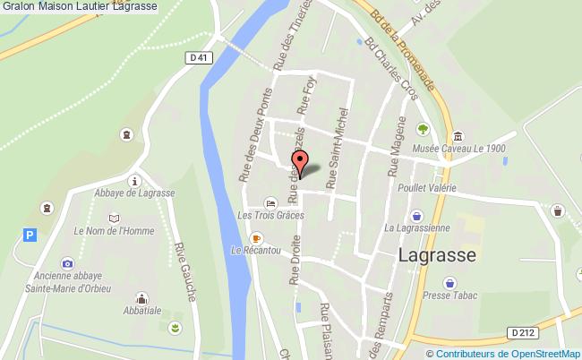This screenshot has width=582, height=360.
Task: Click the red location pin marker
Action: tap(301, 164)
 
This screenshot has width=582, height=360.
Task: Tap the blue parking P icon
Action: tap(30, 235)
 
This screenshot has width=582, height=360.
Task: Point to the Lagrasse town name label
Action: tap(436, 254)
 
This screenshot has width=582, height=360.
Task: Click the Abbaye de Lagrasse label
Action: tap(134, 193)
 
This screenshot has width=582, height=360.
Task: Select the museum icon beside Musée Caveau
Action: tap(458, 136)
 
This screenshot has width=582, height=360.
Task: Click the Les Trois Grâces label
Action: tap(270, 215)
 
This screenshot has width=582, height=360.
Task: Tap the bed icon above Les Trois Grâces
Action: tap(270, 202)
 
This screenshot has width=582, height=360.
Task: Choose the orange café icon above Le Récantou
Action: tap(256, 237)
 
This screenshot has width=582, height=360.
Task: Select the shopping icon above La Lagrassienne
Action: tap(416, 216)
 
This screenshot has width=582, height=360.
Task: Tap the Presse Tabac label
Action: tap(449, 296)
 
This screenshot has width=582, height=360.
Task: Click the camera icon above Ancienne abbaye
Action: tap(67, 262)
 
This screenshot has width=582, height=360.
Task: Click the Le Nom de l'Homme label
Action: tap(114, 230)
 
